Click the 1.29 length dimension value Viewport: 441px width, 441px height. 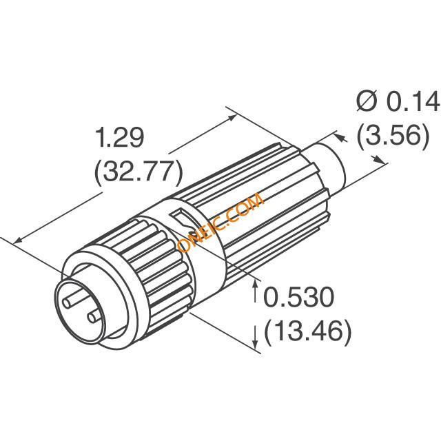pos(120,138)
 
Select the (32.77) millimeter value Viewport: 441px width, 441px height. pos(139,172)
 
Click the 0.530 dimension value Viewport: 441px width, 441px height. pos(298,297)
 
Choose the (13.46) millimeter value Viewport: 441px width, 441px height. pos(308,332)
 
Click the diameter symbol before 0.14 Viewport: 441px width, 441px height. pos(367,101)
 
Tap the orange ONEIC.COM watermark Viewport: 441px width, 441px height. pos(220,223)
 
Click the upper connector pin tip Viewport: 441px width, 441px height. pos(67,303)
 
